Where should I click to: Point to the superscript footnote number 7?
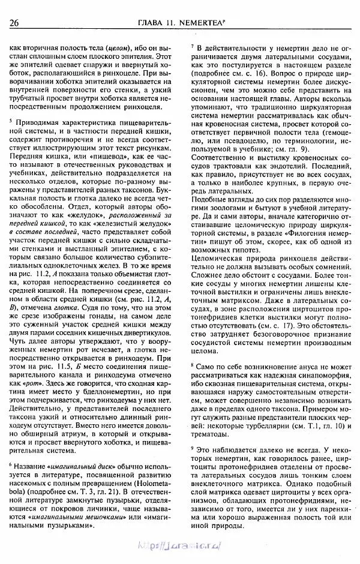192,46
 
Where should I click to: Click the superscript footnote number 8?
192,364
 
